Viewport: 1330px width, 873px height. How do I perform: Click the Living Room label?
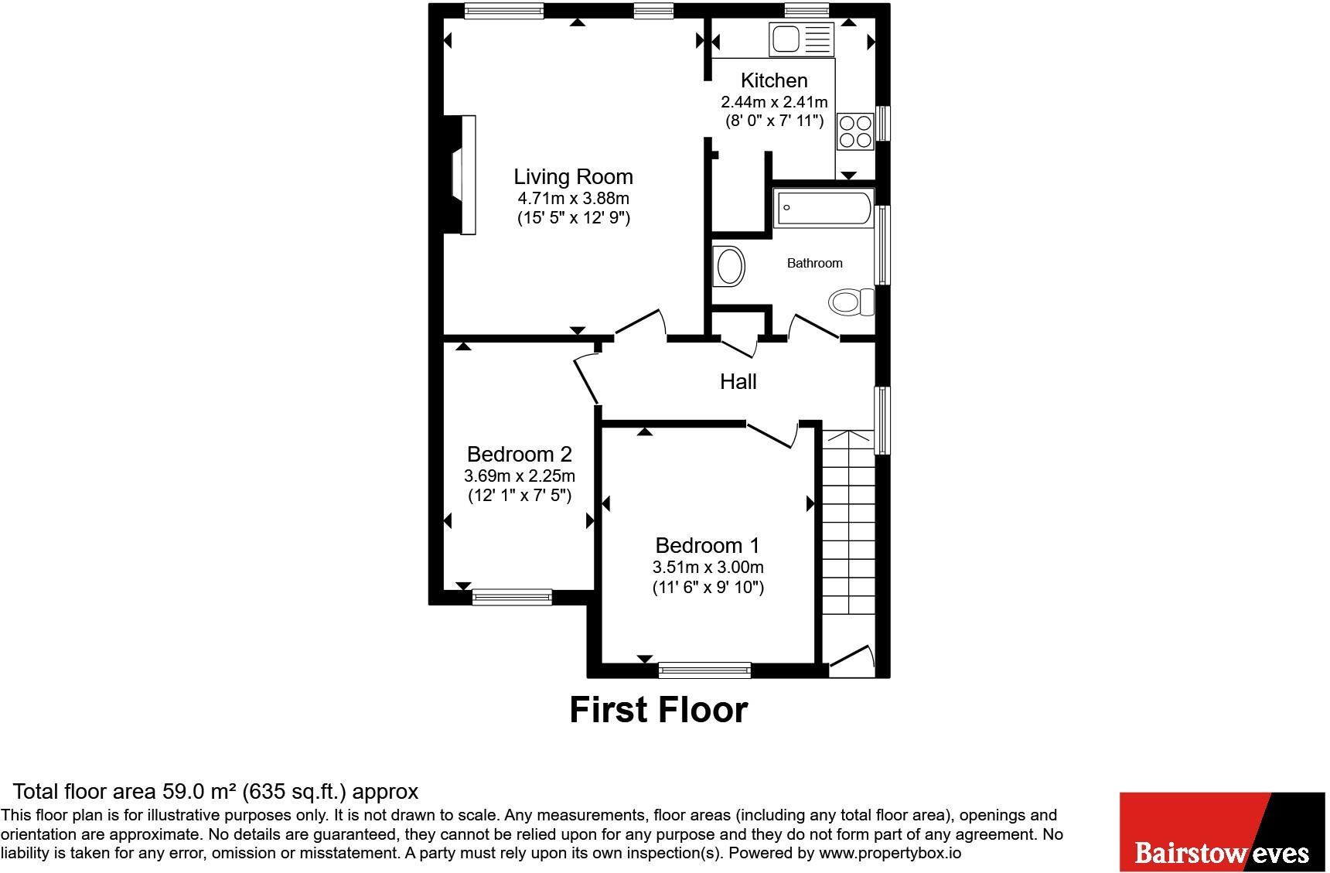tap(573, 177)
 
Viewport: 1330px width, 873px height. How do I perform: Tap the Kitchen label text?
tap(774, 80)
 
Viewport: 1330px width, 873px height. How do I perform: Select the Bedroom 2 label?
tap(520, 454)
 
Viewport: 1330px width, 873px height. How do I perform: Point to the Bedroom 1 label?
tap(708, 545)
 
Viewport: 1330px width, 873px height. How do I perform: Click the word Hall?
tap(738, 381)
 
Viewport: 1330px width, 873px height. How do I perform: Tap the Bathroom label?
tap(814, 263)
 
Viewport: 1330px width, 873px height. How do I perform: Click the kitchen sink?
tap(802, 39)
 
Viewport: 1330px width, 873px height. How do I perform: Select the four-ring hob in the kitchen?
tap(855, 131)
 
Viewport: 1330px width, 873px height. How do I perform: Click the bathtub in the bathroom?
tap(824, 207)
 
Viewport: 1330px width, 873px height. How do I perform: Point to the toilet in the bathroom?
tap(851, 302)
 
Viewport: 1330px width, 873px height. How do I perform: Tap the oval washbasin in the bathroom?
tap(729, 266)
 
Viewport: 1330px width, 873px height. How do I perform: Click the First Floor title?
tap(659, 710)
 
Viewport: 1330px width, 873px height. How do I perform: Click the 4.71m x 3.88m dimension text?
tap(573, 199)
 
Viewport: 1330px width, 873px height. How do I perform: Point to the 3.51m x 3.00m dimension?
tap(708, 568)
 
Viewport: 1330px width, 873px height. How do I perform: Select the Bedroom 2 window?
tap(512, 597)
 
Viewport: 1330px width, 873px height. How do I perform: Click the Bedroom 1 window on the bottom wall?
tap(704, 670)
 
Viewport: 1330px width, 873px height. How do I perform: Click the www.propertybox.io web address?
tap(890, 854)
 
